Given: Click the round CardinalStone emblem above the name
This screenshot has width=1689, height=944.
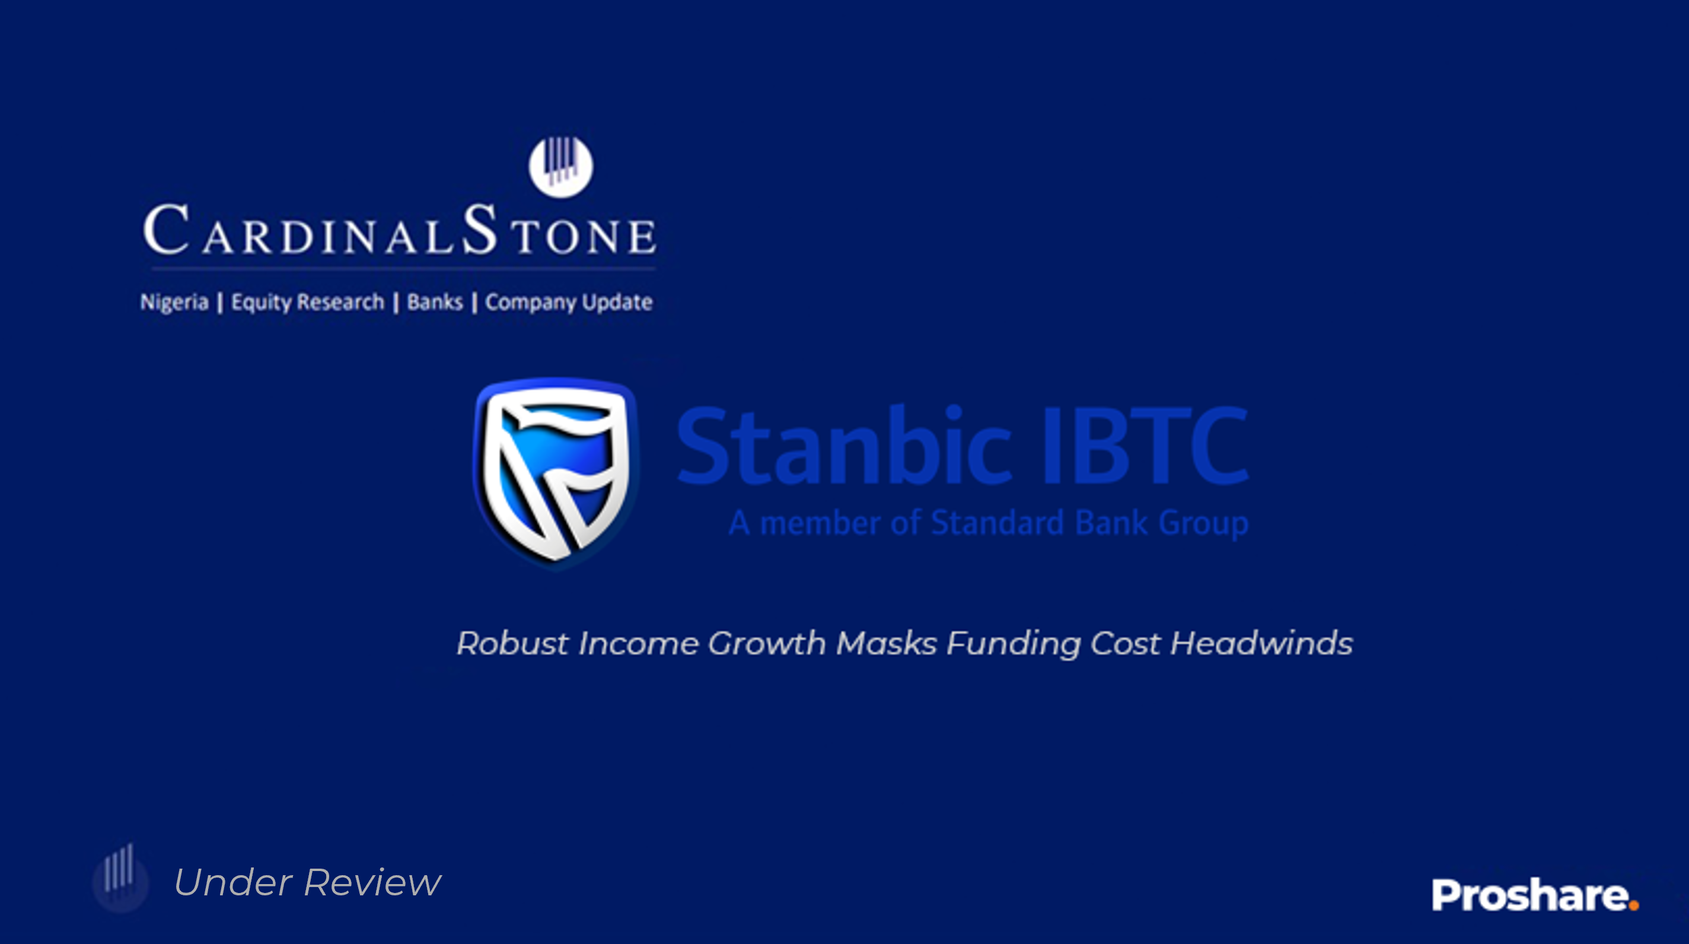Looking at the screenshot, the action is tap(560, 167).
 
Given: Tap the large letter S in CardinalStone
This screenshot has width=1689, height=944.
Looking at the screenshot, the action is tap(479, 228).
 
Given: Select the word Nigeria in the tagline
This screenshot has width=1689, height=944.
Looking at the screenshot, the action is tap(174, 302).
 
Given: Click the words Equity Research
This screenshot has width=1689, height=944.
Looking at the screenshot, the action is tap(308, 303).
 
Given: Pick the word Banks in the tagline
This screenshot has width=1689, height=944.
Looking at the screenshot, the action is tap(435, 302).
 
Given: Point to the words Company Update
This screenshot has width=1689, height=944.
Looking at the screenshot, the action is tap(569, 303).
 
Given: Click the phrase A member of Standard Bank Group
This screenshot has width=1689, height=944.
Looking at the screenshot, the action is tap(989, 523).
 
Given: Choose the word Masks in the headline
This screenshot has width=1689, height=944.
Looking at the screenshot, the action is tap(887, 643).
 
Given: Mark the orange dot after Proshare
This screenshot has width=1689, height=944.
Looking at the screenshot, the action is tap(1633, 906).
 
